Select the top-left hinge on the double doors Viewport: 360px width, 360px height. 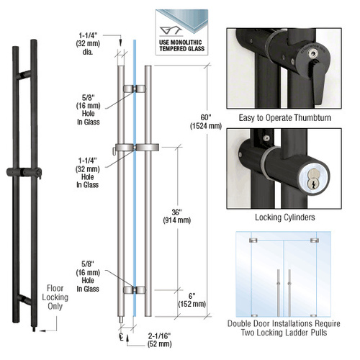253,240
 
